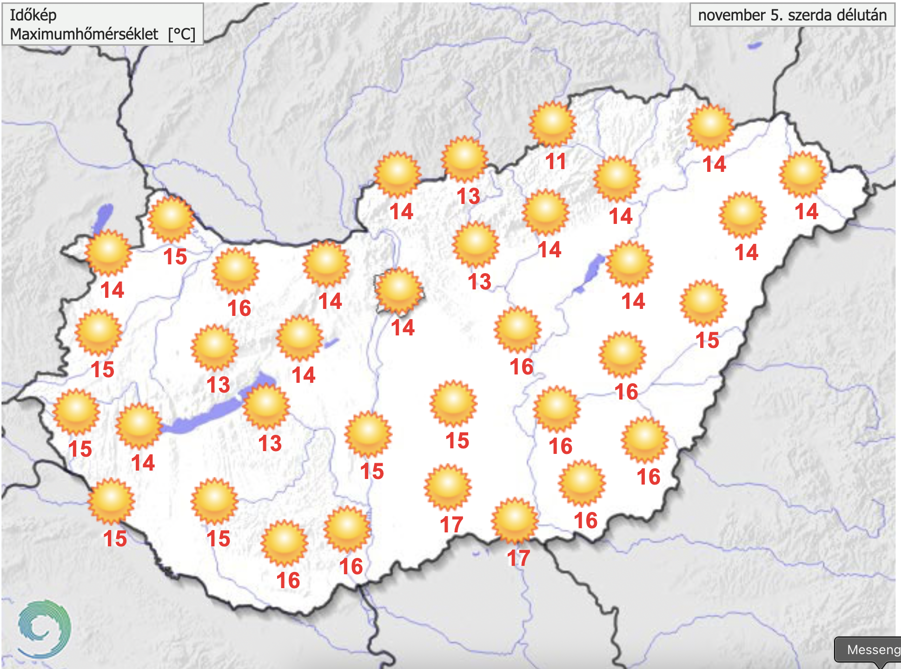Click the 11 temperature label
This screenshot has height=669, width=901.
point(556,161)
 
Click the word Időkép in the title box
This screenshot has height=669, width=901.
point(33,15)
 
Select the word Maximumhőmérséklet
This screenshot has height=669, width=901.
point(84,34)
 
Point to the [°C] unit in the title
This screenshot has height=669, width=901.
point(182,34)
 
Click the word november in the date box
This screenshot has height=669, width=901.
point(731,15)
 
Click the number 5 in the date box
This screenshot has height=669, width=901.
point(775,15)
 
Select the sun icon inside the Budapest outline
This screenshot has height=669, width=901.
point(399,290)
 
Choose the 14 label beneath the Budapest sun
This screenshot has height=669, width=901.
point(403,328)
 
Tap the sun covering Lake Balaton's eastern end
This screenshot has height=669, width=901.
point(266,406)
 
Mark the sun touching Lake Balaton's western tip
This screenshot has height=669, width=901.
point(139,425)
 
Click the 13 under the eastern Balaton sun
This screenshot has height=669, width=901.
point(270,443)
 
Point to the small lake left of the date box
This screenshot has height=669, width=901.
point(754,46)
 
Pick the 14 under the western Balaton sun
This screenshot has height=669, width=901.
point(143,463)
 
